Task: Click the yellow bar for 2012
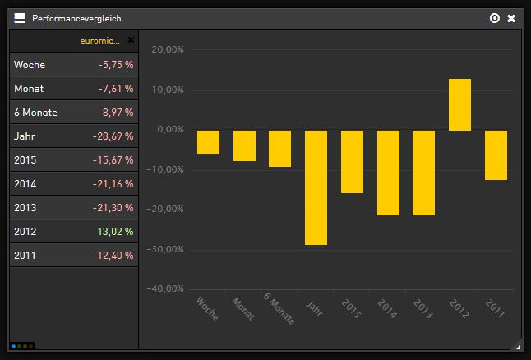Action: pos(459,104)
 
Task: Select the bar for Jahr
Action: pos(316,187)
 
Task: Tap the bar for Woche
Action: pos(208,141)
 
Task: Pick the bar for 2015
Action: pos(352,161)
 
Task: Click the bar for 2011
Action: pos(496,155)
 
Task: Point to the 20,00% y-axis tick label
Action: pos(168,49)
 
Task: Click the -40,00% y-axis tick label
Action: pos(166,288)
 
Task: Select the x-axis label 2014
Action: pos(387,308)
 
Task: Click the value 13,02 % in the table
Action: pos(115,232)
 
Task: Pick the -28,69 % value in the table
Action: pos(113,136)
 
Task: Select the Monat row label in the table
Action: pos(29,89)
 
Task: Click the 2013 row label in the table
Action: pos(25,208)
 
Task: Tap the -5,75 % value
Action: pos(115,65)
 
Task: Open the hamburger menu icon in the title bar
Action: pos(20,18)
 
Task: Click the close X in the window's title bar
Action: pos(511,18)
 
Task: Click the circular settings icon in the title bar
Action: pos(494,18)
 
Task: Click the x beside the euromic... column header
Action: pos(131,39)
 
